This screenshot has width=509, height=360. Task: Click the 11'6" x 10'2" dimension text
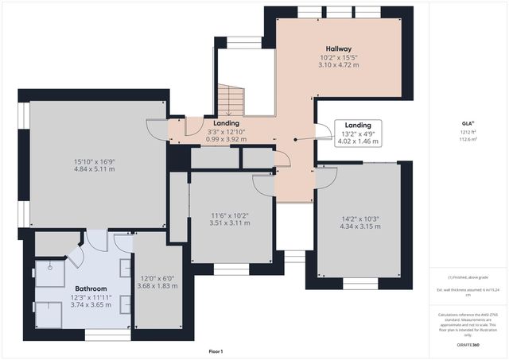point(230,215)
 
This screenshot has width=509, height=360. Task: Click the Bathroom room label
point(91,288)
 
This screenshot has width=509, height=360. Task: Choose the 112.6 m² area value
point(468,139)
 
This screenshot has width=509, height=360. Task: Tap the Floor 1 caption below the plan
point(216,350)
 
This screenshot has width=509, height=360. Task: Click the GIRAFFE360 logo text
point(469,345)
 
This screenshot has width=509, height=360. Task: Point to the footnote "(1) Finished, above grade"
point(468,277)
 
